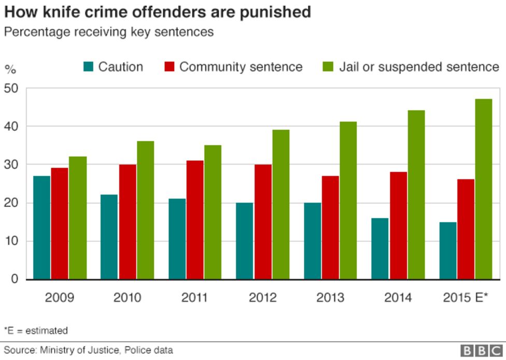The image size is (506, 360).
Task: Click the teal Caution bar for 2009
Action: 42,228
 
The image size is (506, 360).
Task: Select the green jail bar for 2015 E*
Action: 484,189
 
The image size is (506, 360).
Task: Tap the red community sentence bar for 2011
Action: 195,220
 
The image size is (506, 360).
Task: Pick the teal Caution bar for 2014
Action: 380,248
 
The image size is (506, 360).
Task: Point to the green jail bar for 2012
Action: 280,204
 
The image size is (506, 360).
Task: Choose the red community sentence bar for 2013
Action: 330,228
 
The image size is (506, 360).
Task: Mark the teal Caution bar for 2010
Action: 109,237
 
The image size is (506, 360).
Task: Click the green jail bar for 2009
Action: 78,218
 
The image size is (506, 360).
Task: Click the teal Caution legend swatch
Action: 88,67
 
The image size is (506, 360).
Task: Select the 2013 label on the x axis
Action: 330,298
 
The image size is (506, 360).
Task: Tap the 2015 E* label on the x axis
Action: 466,298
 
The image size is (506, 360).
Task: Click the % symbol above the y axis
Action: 10,69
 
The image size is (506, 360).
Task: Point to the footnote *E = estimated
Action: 36,330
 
